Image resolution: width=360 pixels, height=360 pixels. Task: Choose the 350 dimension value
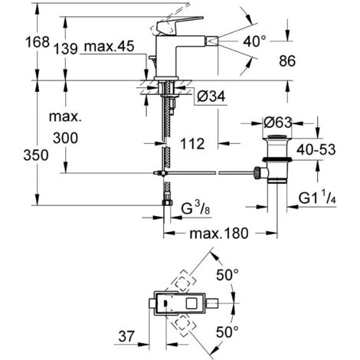[x=18, y=155]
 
